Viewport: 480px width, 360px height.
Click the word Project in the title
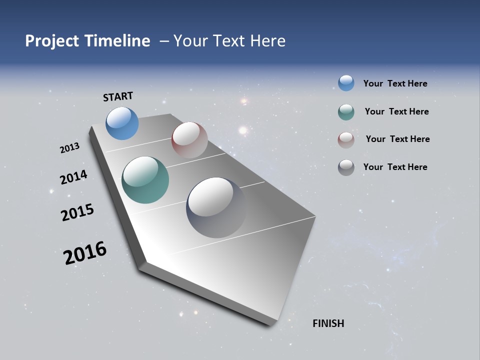(51, 41)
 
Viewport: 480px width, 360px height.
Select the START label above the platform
(118, 96)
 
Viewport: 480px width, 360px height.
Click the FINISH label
(328, 323)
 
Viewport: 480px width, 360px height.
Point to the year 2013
(69, 148)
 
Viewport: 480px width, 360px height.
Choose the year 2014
(73, 177)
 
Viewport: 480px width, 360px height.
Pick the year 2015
(77, 212)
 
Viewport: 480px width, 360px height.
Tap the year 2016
(85, 253)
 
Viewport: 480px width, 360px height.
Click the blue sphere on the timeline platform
(122, 123)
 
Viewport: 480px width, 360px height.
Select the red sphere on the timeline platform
(189, 140)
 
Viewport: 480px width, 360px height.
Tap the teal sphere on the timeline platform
(145, 180)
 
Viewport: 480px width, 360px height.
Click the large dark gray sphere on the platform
(216, 207)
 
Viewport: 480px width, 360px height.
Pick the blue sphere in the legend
(346, 83)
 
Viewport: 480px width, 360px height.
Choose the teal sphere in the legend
(346, 112)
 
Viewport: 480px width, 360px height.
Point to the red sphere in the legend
(346, 140)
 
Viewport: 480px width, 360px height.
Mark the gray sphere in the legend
(346, 167)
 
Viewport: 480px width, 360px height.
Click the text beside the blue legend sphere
(395, 84)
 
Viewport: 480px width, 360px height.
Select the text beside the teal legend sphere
(396, 111)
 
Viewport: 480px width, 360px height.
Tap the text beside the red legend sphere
(397, 139)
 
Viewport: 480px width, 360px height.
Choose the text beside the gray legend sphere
(395, 167)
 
